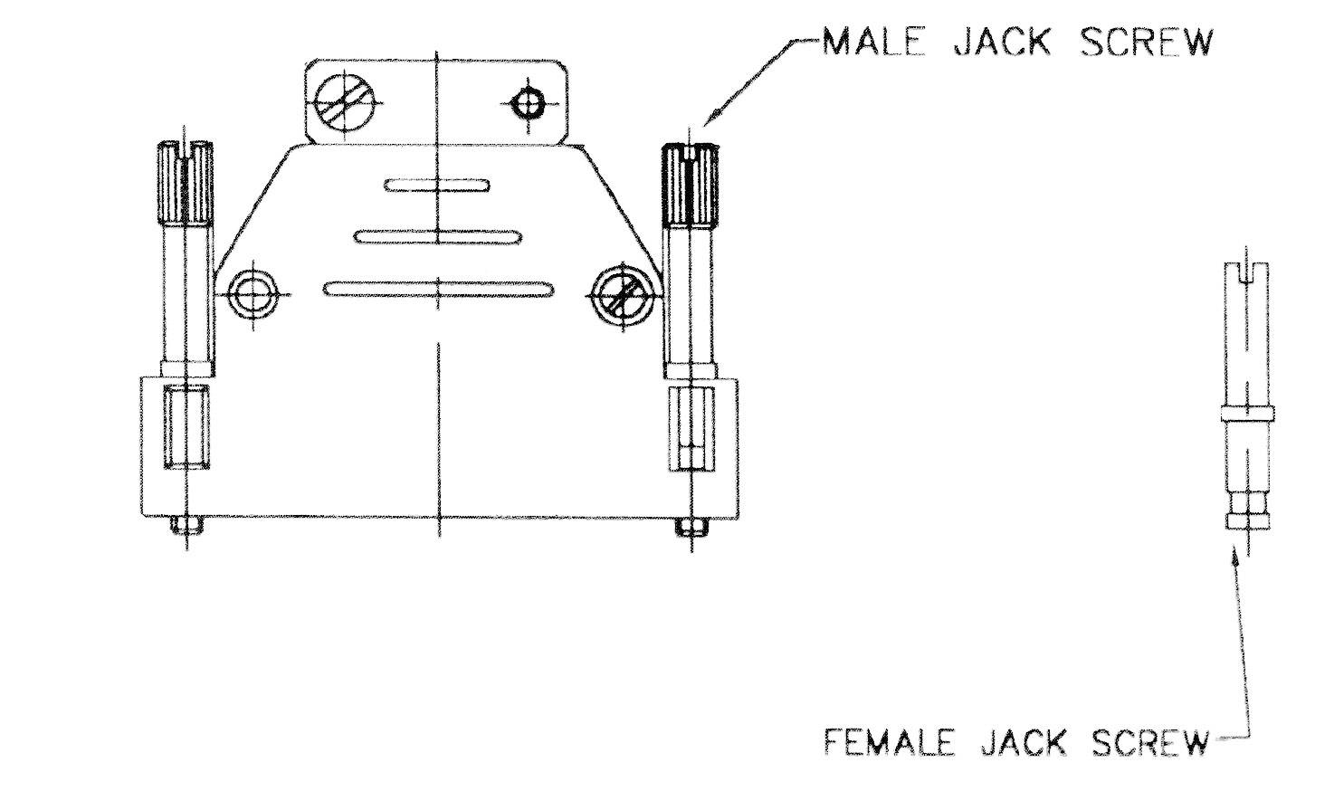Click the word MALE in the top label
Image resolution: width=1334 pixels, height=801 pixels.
[x=873, y=43]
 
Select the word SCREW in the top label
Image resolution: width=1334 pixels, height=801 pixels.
[x=1146, y=43]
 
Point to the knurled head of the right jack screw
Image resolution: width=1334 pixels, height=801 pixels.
[x=691, y=185]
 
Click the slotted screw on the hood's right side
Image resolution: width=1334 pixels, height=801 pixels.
[x=620, y=295]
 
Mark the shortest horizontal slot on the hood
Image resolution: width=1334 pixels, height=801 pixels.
[x=437, y=186]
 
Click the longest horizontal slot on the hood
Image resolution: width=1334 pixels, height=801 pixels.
[x=438, y=289]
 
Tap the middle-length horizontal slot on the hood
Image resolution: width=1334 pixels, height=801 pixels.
[x=438, y=237]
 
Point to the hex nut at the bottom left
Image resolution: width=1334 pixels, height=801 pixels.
[x=186, y=525]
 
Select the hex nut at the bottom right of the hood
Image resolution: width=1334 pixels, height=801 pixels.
[x=691, y=526]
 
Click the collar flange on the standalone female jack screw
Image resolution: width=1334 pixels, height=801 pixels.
[x=1246, y=414]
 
